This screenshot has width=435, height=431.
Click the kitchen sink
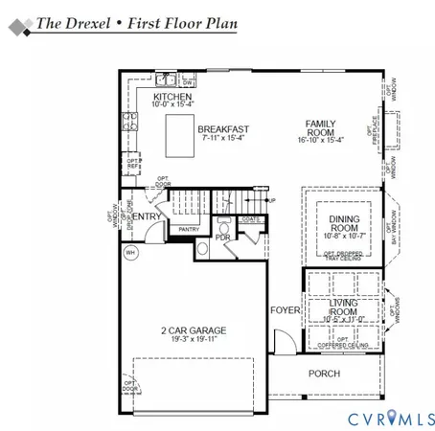pyautogui.click(x=165, y=79)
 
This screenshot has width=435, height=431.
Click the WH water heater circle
pyautogui.click(x=131, y=253)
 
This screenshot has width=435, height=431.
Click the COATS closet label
pyautogui.click(x=249, y=219)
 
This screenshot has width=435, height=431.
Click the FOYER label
pyautogui.click(x=285, y=311)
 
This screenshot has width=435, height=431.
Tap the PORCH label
pyautogui.click(x=323, y=374)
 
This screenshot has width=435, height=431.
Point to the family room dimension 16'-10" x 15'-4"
pyautogui.click(x=321, y=140)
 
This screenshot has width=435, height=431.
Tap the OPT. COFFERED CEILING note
pyautogui.click(x=342, y=343)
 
